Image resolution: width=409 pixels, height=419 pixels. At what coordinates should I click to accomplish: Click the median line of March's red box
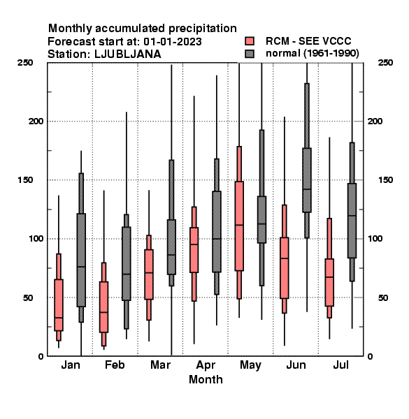click(149, 273)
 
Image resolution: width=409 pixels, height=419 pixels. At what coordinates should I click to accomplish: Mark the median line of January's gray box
click(81, 267)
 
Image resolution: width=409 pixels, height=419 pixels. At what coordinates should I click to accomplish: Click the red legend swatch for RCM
click(250, 41)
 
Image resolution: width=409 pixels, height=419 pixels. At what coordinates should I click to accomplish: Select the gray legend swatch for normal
click(250, 54)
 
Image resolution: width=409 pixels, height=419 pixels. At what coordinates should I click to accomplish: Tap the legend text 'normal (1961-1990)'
click(312, 54)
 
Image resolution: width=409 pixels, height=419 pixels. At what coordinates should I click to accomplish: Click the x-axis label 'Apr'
click(206, 365)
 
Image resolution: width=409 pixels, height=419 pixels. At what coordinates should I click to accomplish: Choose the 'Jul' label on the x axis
click(340, 365)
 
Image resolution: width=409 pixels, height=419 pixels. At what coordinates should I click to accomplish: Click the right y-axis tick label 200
click(375, 121)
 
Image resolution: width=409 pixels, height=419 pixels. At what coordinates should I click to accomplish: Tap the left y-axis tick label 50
click(28, 297)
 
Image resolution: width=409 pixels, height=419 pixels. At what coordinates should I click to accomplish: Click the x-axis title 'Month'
click(206, 379)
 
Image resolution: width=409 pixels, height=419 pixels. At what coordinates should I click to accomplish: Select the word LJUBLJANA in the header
click(128, 54)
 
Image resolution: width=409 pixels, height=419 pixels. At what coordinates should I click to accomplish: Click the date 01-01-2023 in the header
click(173, 42)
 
